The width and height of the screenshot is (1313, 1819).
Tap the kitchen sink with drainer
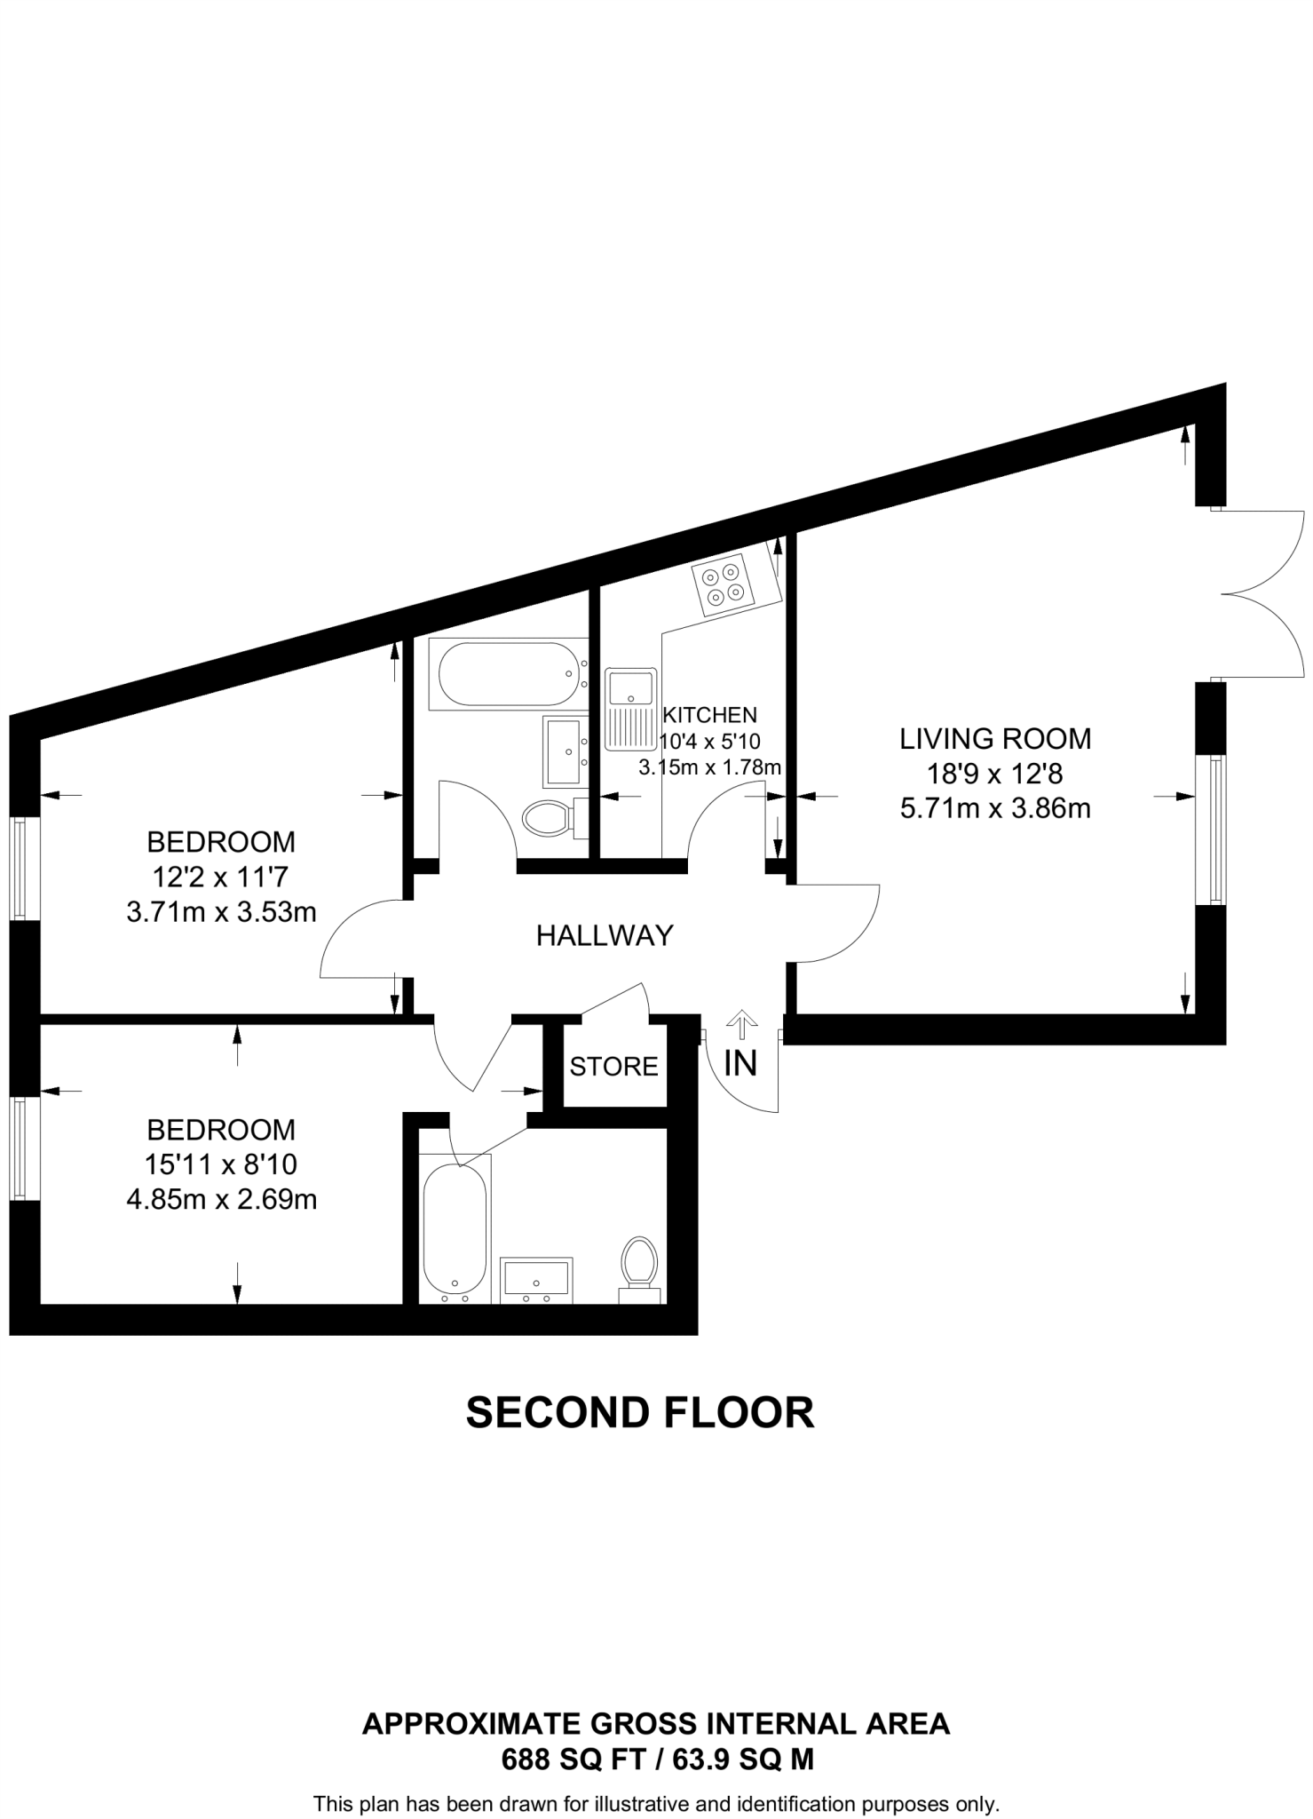[629, 709]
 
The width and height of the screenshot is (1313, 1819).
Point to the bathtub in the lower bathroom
[455, 1230]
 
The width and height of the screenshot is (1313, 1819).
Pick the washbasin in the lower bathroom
[536, 1280]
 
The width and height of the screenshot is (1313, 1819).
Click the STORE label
[614, 1066]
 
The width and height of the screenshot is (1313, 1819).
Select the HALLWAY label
[605, 935]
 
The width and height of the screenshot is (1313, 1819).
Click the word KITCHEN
[710, 715]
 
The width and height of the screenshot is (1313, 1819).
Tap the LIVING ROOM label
[995, 739]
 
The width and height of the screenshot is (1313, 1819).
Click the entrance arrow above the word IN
[740, 1024]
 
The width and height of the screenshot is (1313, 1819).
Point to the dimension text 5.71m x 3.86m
[995, 809]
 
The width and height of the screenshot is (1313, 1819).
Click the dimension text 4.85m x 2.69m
[222, 1200]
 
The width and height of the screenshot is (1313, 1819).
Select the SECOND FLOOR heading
[640, 1413]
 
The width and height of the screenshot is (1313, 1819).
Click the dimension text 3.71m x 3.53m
[222, 912]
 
